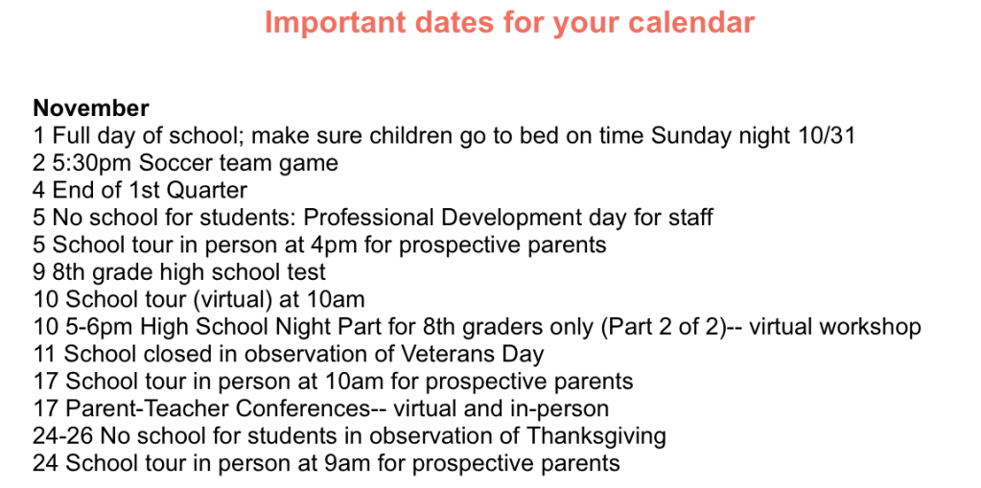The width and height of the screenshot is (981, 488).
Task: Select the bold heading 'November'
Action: pyautogui.click(x=91, y=108)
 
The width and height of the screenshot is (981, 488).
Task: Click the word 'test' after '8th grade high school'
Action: pyautogui.click(x=306, y=271)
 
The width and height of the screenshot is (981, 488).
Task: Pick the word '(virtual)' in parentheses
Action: pyautogui.click(x=232, y=299)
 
